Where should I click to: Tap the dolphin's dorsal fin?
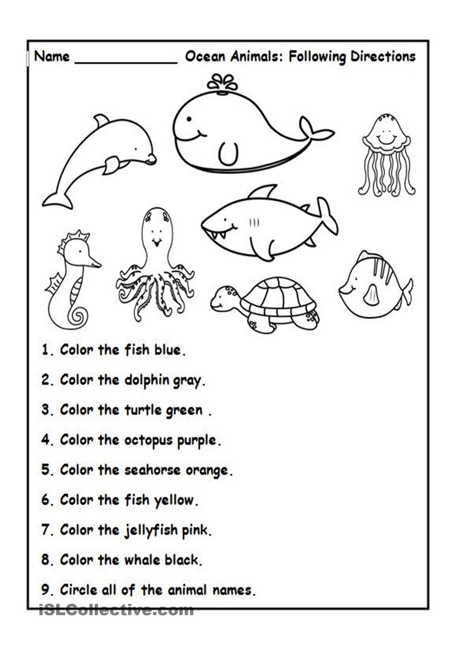101,121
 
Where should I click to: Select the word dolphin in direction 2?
147,380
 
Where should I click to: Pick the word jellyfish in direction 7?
151,531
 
